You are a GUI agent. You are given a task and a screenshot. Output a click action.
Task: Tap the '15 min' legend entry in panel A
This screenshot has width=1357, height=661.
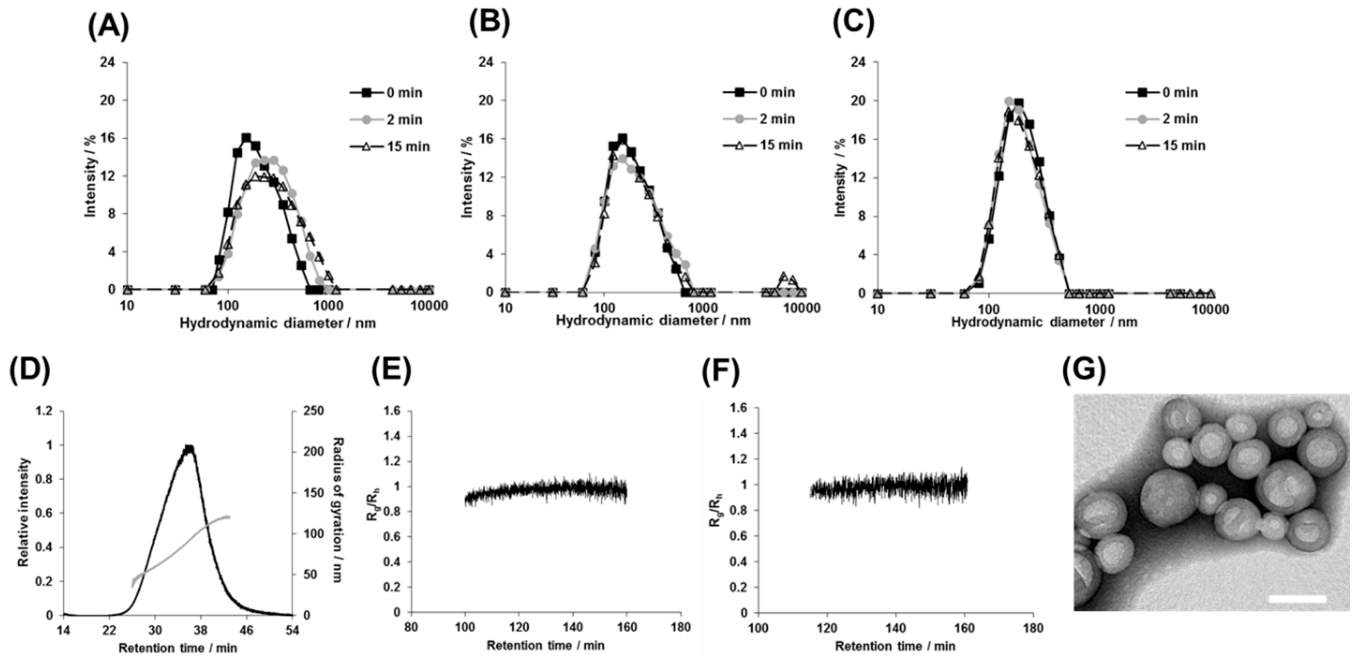coord(408,146)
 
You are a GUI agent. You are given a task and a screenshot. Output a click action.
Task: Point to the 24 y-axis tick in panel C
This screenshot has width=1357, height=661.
coord(856,63)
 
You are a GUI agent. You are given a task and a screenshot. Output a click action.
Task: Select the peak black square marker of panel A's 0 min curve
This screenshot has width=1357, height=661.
coord(246,138)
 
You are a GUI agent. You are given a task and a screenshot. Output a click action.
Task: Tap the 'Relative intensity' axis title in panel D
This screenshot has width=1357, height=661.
coord(23,512)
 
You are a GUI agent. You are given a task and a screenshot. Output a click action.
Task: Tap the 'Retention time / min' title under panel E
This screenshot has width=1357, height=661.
coord(545,646)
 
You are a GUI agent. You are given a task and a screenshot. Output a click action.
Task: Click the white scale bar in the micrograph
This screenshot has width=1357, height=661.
coord(1297,599)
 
